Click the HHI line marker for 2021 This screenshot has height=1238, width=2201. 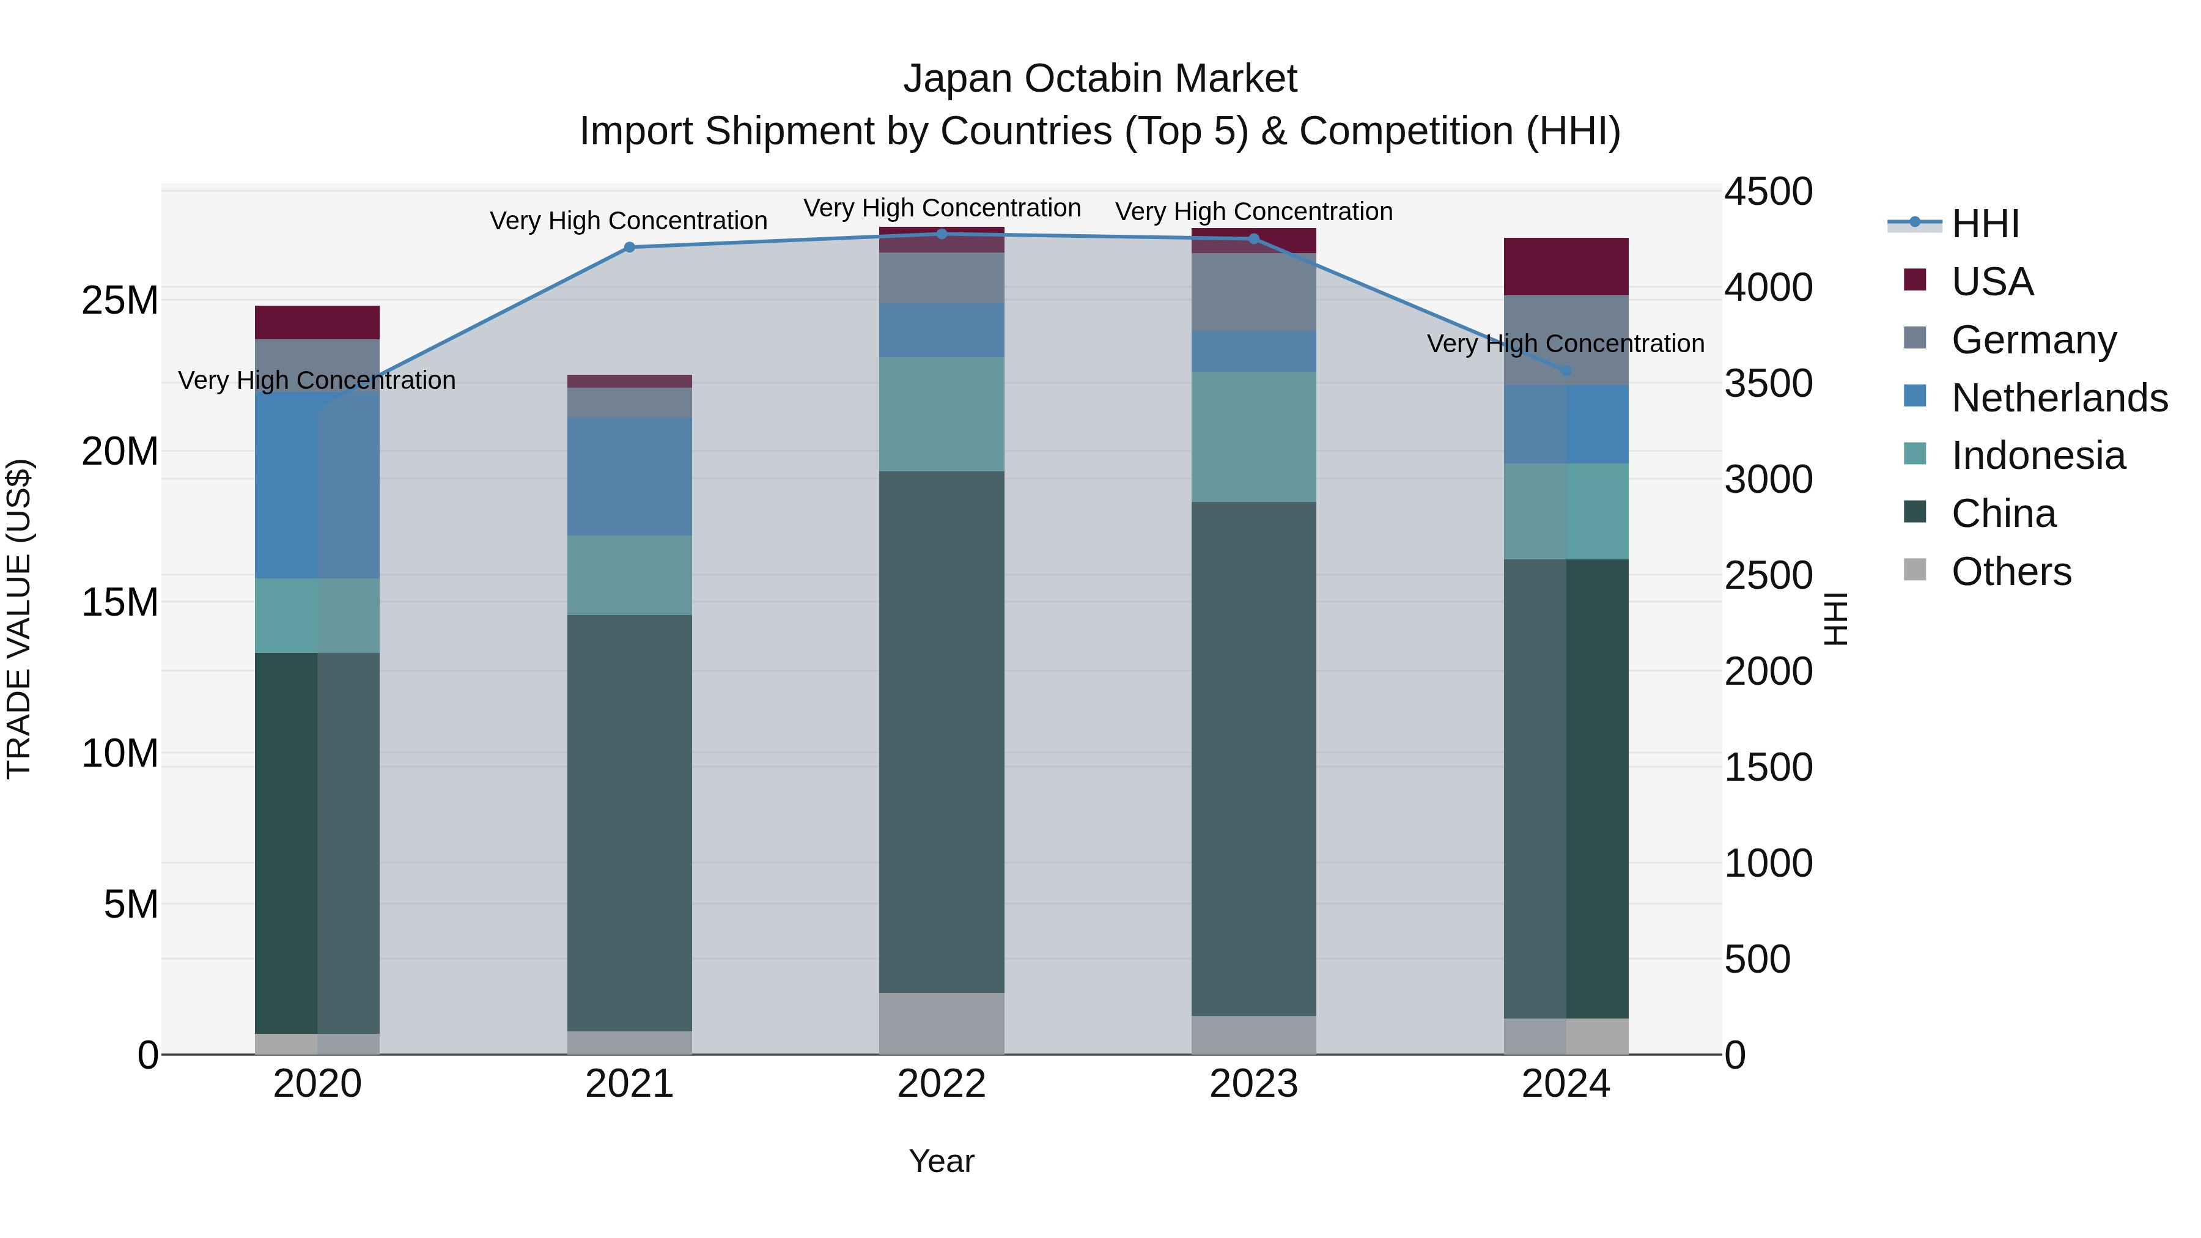click(x=630, y=248)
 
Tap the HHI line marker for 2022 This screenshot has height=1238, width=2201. click(x=942, y=234)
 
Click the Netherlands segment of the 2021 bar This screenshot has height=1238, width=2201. click(x=630, y=477)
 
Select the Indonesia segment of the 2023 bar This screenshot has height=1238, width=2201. click(x=1253, y=437)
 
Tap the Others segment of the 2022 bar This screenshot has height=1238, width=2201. click(x=942, y=1023)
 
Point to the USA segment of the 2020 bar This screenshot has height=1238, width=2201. click(x=317, y=323)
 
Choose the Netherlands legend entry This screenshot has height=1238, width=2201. click(x=2059, y=398)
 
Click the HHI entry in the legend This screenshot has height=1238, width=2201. click(x=1985, y=224)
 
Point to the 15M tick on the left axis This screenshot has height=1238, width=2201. click(x=120, y=602)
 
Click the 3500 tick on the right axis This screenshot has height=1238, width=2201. click(x=1768, y=383)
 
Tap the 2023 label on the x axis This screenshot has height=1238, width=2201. click(x=1253, y=1084)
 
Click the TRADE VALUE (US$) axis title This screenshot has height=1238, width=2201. click(x=19, y=619)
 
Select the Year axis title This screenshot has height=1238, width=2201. click(x=942, y=1161)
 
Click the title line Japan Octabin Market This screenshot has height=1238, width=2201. click(x=1100, y=79)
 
